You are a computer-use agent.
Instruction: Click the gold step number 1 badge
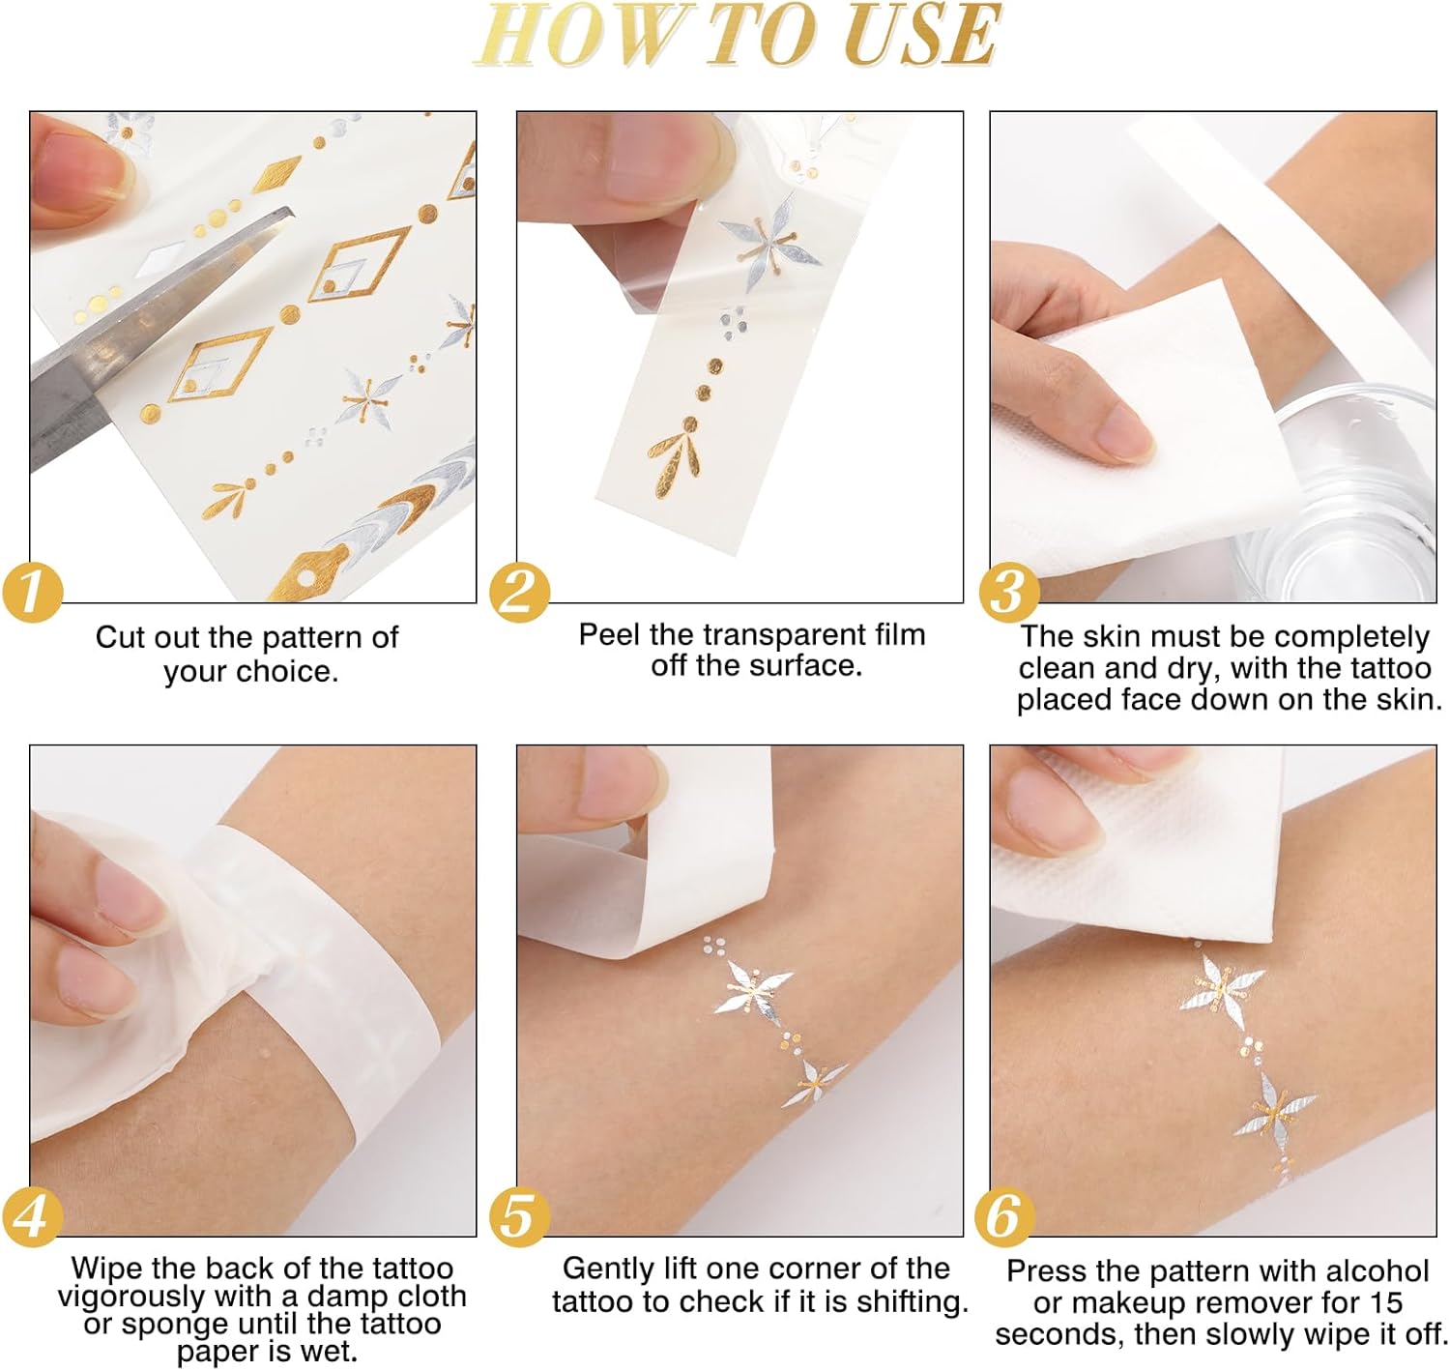point(33,592)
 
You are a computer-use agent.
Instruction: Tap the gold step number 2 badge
point(520,592)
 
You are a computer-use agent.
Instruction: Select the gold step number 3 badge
point(1009,592)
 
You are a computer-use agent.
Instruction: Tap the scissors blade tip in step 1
point(291,213)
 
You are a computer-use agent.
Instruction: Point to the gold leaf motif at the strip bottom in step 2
point(675,461)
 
